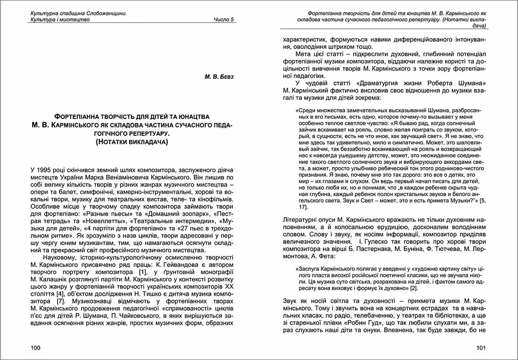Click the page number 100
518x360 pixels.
(35, 348)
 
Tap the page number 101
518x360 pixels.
(482, 348)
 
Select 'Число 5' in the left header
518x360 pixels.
(224, 20)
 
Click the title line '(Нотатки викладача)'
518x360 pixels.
(132, 142)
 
